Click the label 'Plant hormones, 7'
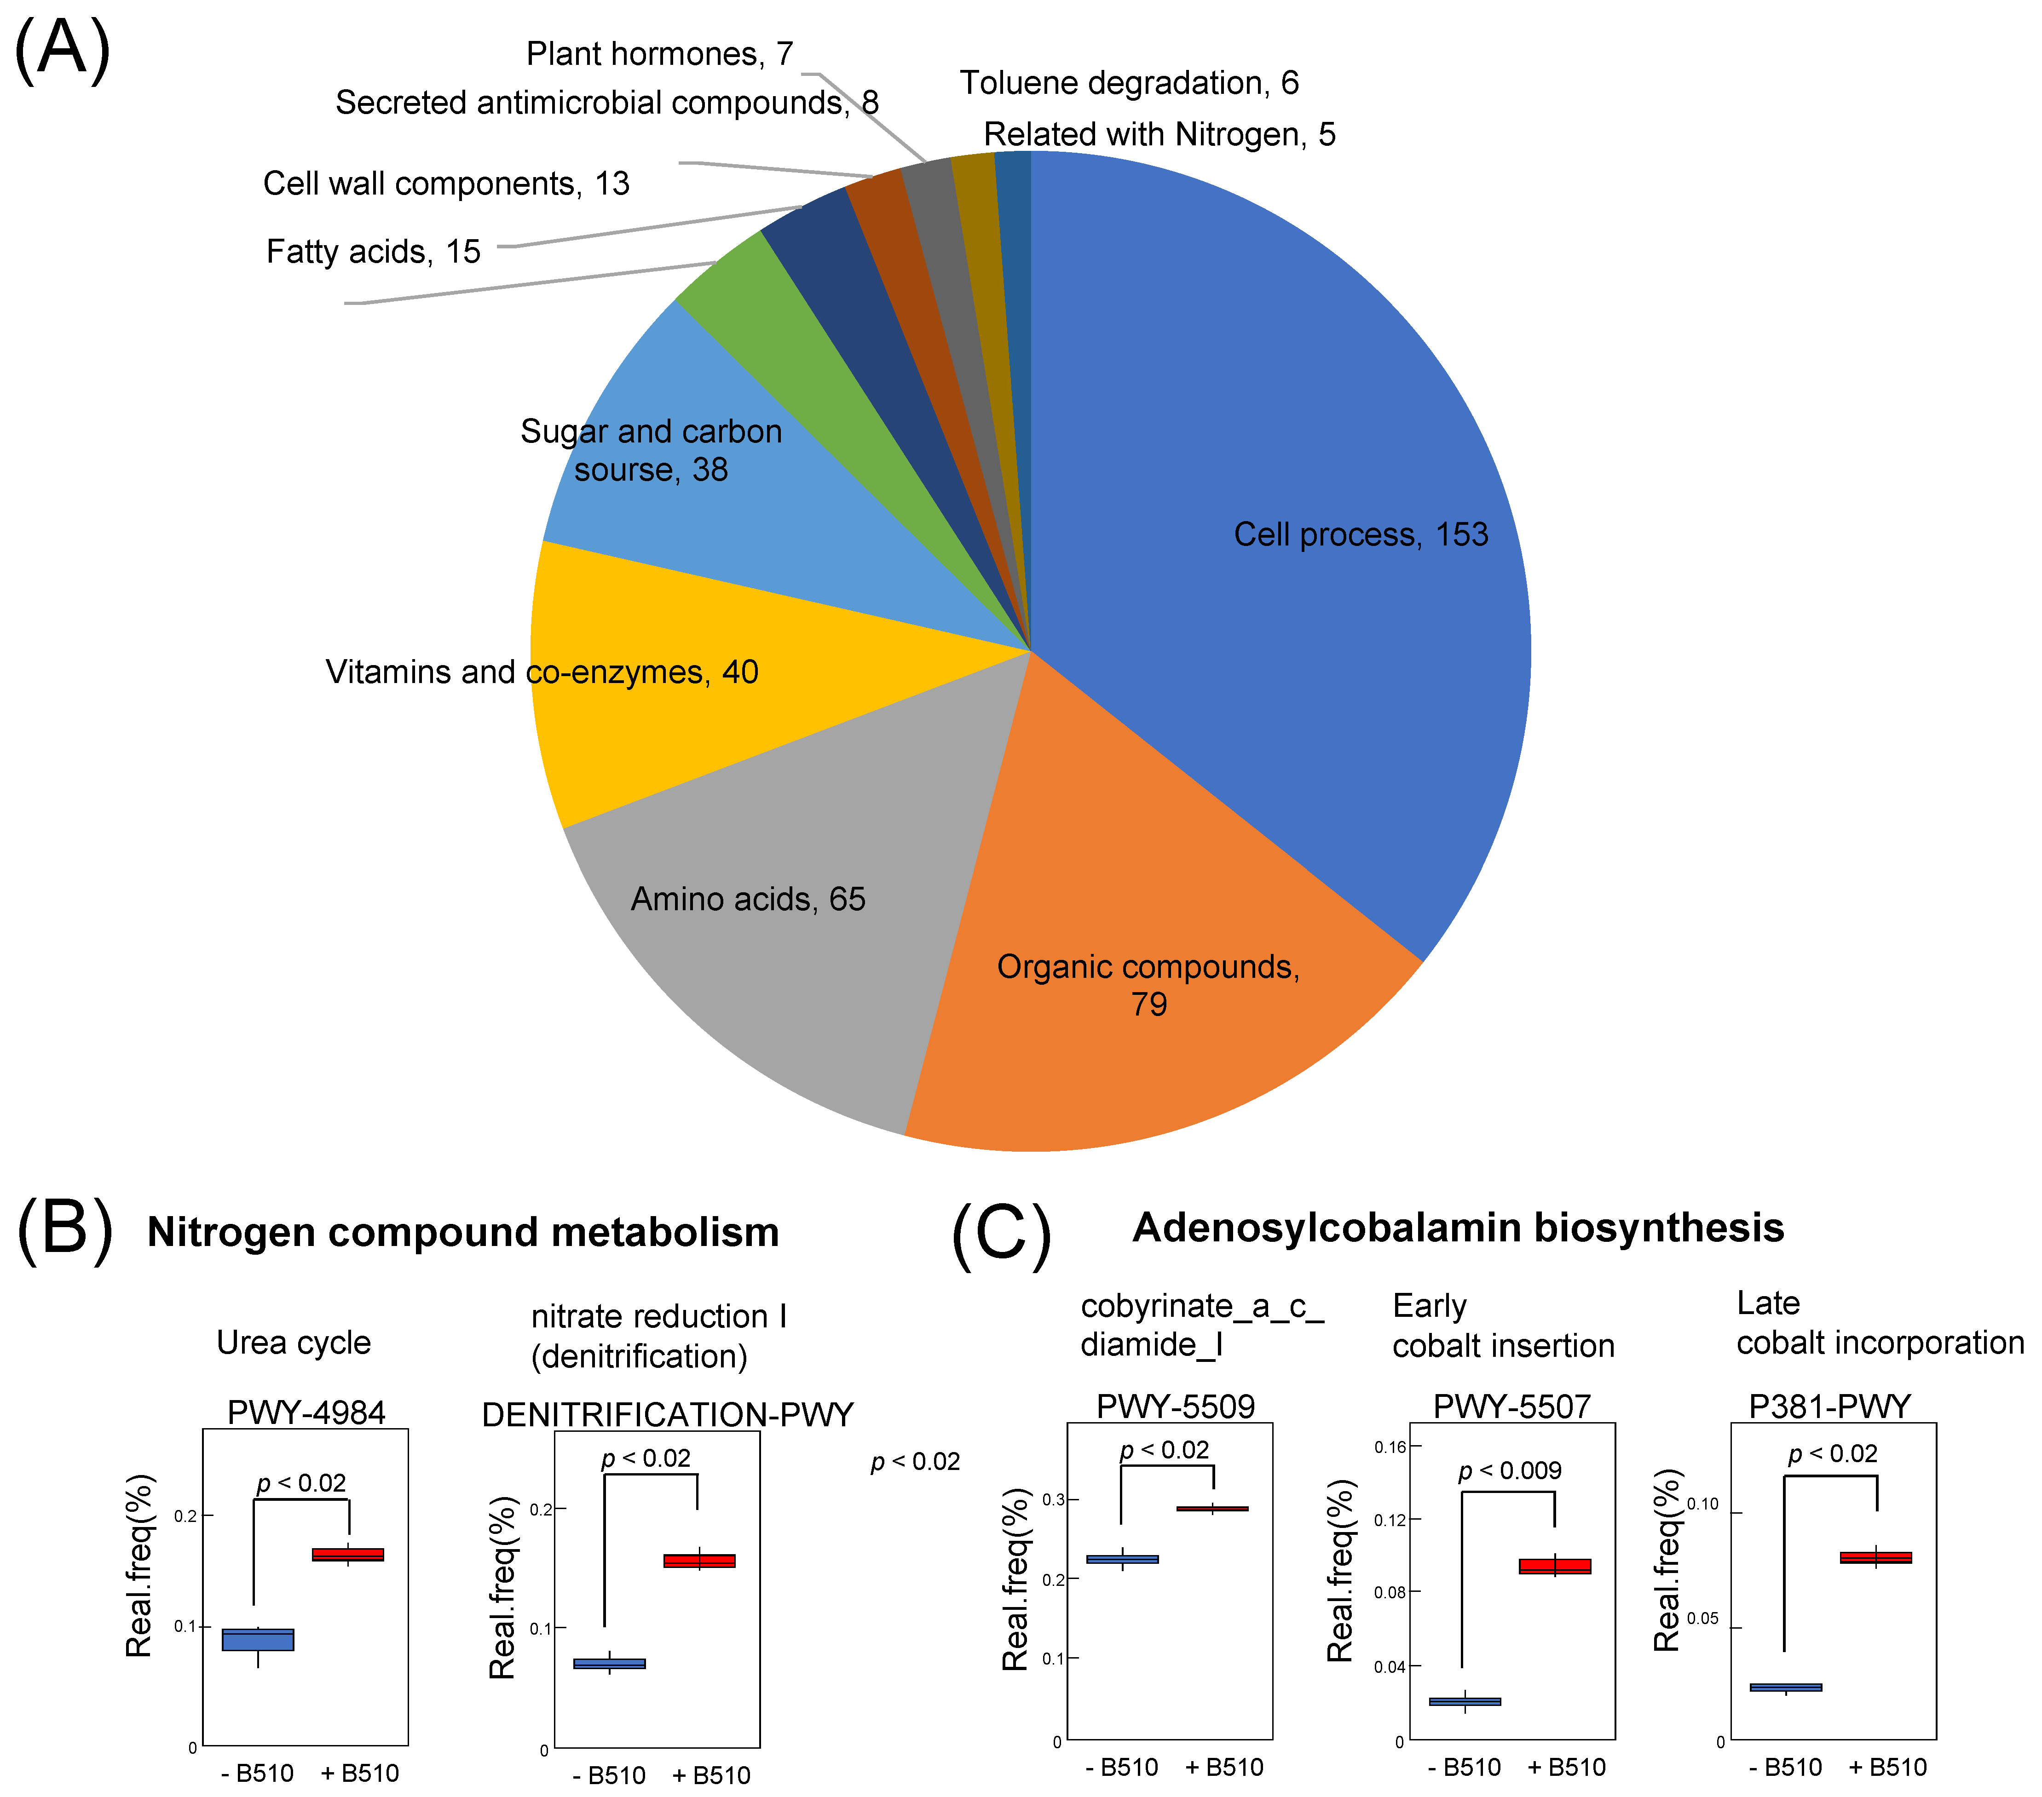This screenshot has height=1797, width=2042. click(659, 54)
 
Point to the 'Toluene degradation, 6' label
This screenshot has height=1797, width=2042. click(1129, 83)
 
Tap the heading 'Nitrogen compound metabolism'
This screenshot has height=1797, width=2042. click(462, 1232)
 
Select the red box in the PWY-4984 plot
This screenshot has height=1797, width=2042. click(348, 1554)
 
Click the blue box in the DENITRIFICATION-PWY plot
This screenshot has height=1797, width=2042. click(609, 1663)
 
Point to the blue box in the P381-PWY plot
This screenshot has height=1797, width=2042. click(1785, 1687)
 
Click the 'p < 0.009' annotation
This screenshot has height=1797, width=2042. click(1510, 1470)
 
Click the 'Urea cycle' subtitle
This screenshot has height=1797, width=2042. click(294, 1343)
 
